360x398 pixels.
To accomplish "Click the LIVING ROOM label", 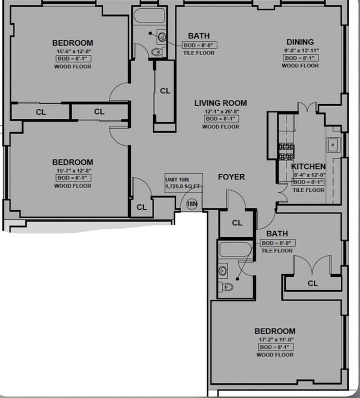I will pyautogui.click(x=220, y=103).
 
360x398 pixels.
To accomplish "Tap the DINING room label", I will pyautogui.click(x=300, y=42).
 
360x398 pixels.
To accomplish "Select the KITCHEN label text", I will pyautogui.click(x=308, y=166).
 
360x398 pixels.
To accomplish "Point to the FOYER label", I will pyautogui.click(x=231, y=177).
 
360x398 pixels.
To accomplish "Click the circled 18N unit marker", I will pyautogui.click(x=192, y=204).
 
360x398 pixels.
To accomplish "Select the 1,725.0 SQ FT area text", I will pyautogui.click(x=182, y=186).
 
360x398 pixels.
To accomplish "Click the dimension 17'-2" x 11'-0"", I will pyautogui.click(x=275, y=339).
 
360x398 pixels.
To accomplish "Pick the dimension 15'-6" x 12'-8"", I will pyautogui.click(x=73, y=51).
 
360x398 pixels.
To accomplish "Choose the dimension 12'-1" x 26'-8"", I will pyautogui.click(x=221, y=111).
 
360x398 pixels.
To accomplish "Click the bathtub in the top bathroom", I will pyautogui.click(x=149, y=16).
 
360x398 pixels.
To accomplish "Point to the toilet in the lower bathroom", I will pyautogui.click(x=227, y=287).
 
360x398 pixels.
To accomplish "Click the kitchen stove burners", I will pyautogui.click(x=286, y=151).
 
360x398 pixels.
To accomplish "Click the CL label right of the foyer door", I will pyautogui.click(x=237, y=223).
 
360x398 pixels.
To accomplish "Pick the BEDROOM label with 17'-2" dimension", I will pyautogui.click(x=275, y=331).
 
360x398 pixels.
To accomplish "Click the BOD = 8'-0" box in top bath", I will pyautogui.click(x=200, y=45).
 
